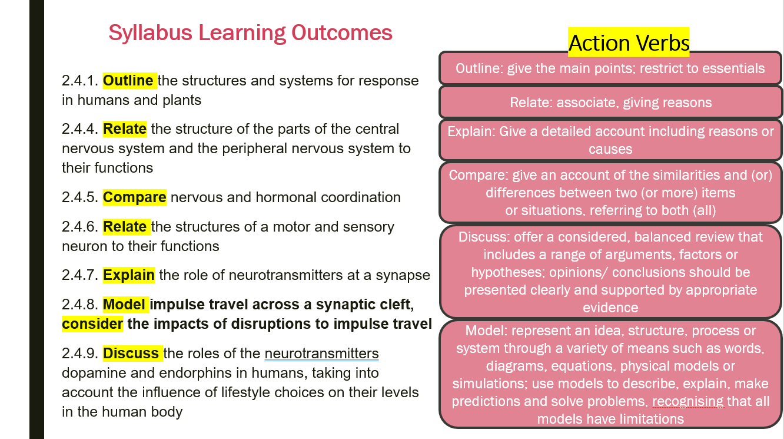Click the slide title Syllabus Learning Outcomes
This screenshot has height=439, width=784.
click(x=250, y=33)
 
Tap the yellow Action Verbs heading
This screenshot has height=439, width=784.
click(x=629, y=42)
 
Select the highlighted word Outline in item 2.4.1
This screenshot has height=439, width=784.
click(x=128, y=81)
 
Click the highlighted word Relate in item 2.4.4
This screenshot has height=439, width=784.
click(x=125, y=129)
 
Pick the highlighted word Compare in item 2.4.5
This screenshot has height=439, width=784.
click(x=134, y=197)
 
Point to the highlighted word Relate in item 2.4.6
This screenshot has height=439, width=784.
click(x=125, y=227)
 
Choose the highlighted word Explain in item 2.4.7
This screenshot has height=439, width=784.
click(x=129, y=275)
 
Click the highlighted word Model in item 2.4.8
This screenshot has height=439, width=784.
click(x=124, y=305)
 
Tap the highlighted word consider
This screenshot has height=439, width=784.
click(x=92, y=324)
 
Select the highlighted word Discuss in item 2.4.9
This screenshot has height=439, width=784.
click(x=131, y=353)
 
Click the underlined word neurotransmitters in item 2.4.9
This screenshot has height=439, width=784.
click(x=321, y=353)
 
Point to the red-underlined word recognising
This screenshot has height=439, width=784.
click(x=688, y=401)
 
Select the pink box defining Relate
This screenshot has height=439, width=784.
click(x=611, y=103)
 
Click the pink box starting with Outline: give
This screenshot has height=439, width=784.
click(x=610, y=68)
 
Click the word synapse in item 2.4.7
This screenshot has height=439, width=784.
click(x=403, y=276)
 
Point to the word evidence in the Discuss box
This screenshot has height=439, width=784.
click(x=610, y=308)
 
